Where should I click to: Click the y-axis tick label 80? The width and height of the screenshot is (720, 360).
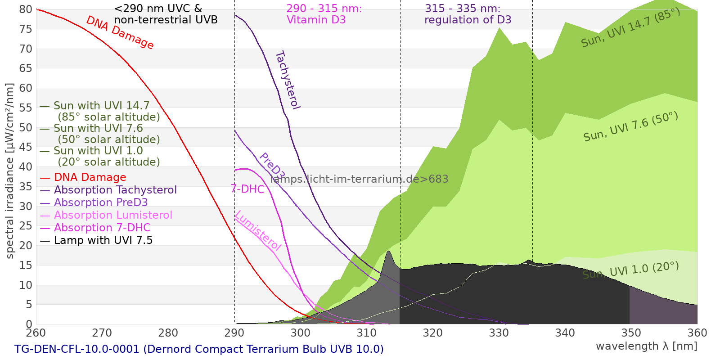tap(26, 9)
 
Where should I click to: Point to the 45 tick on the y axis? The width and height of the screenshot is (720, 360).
tap(26, 147)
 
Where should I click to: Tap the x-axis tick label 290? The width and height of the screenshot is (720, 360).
tap(234, 333)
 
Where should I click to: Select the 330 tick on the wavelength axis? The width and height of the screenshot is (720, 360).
tap(499, 333)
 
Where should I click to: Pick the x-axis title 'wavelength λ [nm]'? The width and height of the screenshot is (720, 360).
tap(647, 346)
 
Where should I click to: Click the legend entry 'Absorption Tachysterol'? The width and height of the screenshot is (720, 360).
tap(115, 190)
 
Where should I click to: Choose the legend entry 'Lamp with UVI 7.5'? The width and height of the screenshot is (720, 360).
tap(103, 240)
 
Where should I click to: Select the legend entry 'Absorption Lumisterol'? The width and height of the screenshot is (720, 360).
tap(113, 215)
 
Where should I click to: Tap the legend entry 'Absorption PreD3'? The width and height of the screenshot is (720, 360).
tap(101, 202)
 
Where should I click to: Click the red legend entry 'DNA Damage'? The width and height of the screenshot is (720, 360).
tap(90, 177)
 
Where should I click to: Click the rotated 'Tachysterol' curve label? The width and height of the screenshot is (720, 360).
tap(288, 80)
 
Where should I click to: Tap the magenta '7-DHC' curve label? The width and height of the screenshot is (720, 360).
tap(247, 189)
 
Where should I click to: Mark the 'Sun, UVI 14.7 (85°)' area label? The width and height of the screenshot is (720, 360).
tap(630, 27)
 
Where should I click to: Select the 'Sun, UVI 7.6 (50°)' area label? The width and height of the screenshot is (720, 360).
tap(630, 126)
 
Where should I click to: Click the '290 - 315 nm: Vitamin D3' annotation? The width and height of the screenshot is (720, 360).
tap(324, 14)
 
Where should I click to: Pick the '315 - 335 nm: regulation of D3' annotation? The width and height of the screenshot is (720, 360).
tap(468, 14)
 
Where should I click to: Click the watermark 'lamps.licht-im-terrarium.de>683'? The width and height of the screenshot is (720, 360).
tap(359, 179)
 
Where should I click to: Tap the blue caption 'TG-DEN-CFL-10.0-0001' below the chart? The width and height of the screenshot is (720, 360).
tap(77, 349)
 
